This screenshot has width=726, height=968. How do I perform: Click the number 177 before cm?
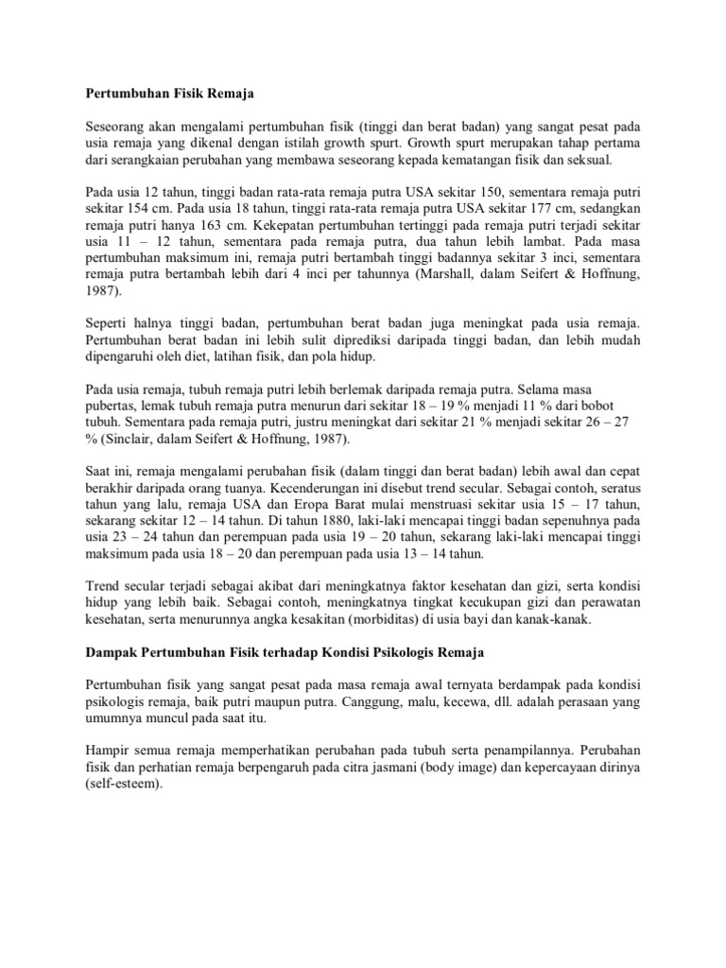coord(491,228)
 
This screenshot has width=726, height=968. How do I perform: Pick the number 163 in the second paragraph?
coord(208,246)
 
